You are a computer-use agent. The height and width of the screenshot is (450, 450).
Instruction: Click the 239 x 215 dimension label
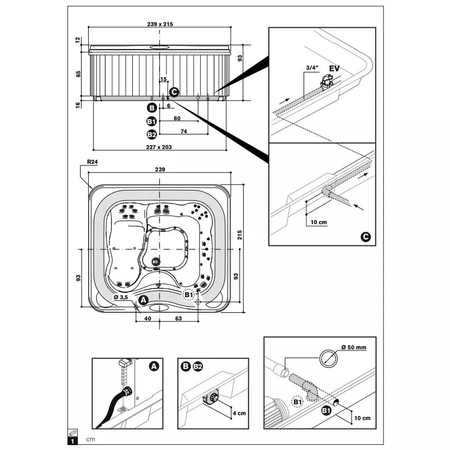tap(160, 24)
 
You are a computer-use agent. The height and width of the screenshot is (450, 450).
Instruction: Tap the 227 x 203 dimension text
tap(159, 147)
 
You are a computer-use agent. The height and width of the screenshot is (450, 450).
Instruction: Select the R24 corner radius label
tap(93, 162)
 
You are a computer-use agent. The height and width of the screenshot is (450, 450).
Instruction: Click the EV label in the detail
tap(334, 69)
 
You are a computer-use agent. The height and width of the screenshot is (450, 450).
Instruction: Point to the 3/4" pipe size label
tap(312, 67)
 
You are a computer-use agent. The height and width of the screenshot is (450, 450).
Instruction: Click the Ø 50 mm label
tap(354, 347)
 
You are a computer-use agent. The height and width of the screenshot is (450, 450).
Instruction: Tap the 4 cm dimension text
tap(239, 413)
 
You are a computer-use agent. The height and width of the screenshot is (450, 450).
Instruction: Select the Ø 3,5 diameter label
tap(121, 297)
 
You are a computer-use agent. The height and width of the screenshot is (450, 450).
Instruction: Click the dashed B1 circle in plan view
tap(189, 295)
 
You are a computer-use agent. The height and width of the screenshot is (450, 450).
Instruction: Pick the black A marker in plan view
tap(143, 300)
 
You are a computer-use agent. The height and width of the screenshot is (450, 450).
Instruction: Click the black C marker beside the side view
tap(174, 92)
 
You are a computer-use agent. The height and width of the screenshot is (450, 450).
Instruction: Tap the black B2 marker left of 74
tap(151, 134)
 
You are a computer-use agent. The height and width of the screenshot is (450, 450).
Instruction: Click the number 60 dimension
tap(177, 118)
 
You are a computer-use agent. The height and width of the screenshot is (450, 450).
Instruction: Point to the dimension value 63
tap(178, 318)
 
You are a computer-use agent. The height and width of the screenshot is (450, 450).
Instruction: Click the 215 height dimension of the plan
tap(239, 235)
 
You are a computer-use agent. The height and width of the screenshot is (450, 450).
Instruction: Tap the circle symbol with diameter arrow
tap(329, 358)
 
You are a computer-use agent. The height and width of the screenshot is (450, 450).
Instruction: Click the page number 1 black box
tap(72, 441)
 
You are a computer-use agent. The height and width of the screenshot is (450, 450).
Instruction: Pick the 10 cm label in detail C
tap(318, 222)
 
